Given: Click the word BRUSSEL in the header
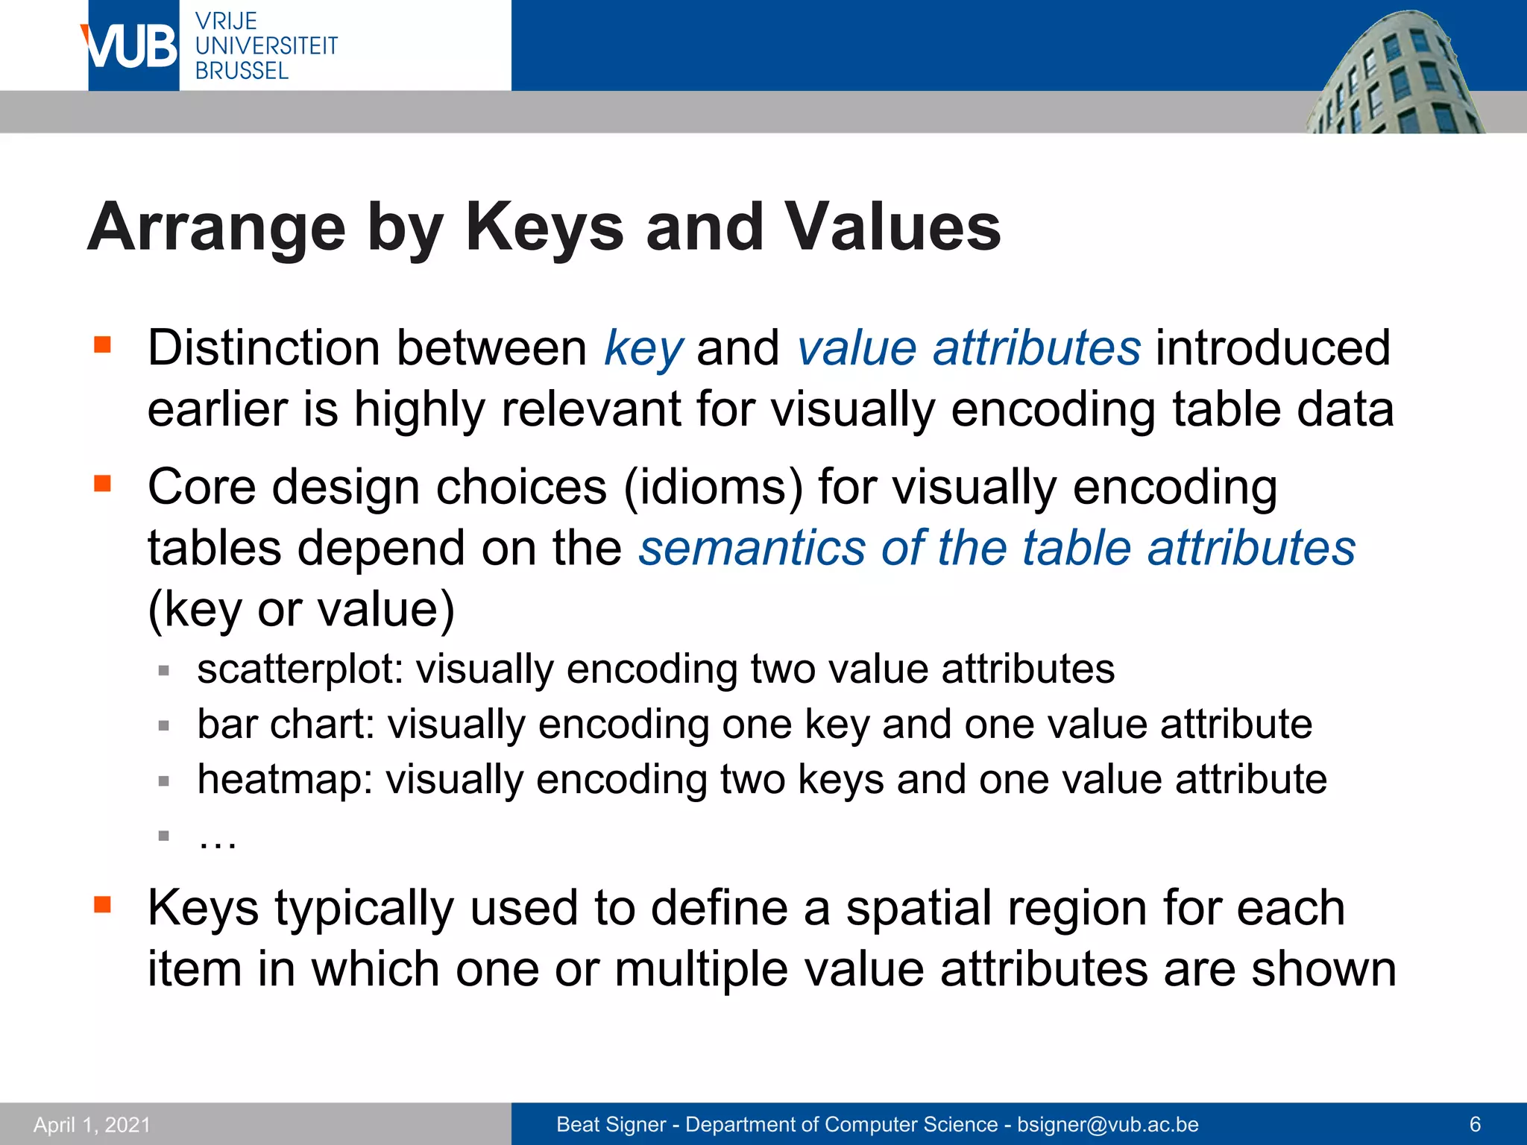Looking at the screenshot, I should tap(242, 71).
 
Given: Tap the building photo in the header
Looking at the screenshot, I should tap(1394, 75).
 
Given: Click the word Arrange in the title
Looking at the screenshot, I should tap(217, 227).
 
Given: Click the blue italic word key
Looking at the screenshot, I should tap(643, 348).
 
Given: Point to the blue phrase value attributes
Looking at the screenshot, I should tap(969, 348).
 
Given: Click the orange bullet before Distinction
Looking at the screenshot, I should tap(102, 344).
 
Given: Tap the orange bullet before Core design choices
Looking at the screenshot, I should tap(102, 484).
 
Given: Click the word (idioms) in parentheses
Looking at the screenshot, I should tap(714, 488).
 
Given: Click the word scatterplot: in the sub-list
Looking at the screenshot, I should tap(300, 669).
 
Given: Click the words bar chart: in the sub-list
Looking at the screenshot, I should tap(286, 724).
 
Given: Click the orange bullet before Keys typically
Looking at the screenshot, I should tap(102, 905).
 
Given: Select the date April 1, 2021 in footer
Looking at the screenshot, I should tap(92, 1124).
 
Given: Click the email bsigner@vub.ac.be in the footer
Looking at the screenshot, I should tap(1108, 1124).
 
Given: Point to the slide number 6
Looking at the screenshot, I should tap(1474, 1124).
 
